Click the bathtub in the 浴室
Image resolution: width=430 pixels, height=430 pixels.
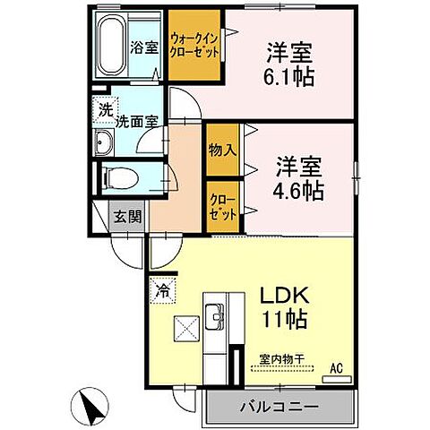[112, 46]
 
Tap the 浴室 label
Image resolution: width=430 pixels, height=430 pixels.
[144, 47]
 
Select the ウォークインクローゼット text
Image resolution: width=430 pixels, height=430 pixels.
[194, 46]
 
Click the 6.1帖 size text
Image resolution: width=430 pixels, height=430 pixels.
[288, 77]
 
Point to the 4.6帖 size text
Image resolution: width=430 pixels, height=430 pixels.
[298, 191]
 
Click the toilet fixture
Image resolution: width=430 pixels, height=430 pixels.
[120, 179]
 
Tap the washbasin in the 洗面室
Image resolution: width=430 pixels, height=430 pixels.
[104, 142]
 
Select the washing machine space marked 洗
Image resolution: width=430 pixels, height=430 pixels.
[106, 109]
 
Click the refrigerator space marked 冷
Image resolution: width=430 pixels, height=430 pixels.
[163, 290]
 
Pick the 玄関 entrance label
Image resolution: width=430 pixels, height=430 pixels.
[128, 216]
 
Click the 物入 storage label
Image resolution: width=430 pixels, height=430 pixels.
[223, 150]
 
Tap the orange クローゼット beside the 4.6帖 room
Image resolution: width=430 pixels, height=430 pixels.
[223, 207]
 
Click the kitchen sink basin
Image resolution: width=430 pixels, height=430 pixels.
[214, 316]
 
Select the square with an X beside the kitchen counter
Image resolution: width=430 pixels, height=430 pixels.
[186, 329]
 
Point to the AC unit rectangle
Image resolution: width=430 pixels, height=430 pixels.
[336, 380]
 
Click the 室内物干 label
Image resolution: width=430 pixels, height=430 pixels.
[282, 359]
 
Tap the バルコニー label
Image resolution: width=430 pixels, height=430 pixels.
[279, 407]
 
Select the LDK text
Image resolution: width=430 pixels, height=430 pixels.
[285, 296]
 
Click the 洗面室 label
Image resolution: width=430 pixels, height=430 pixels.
[136, 122]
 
